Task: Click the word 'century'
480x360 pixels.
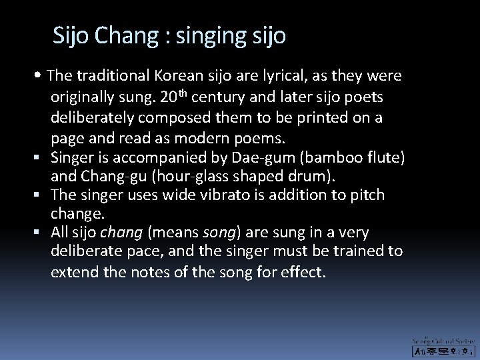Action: pyautogui.click(x=226, y=98)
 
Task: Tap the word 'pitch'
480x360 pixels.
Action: pyautogui.click(x=366, y=195)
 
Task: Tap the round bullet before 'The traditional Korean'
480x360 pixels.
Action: pyautogui.click(x=41, y=76)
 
